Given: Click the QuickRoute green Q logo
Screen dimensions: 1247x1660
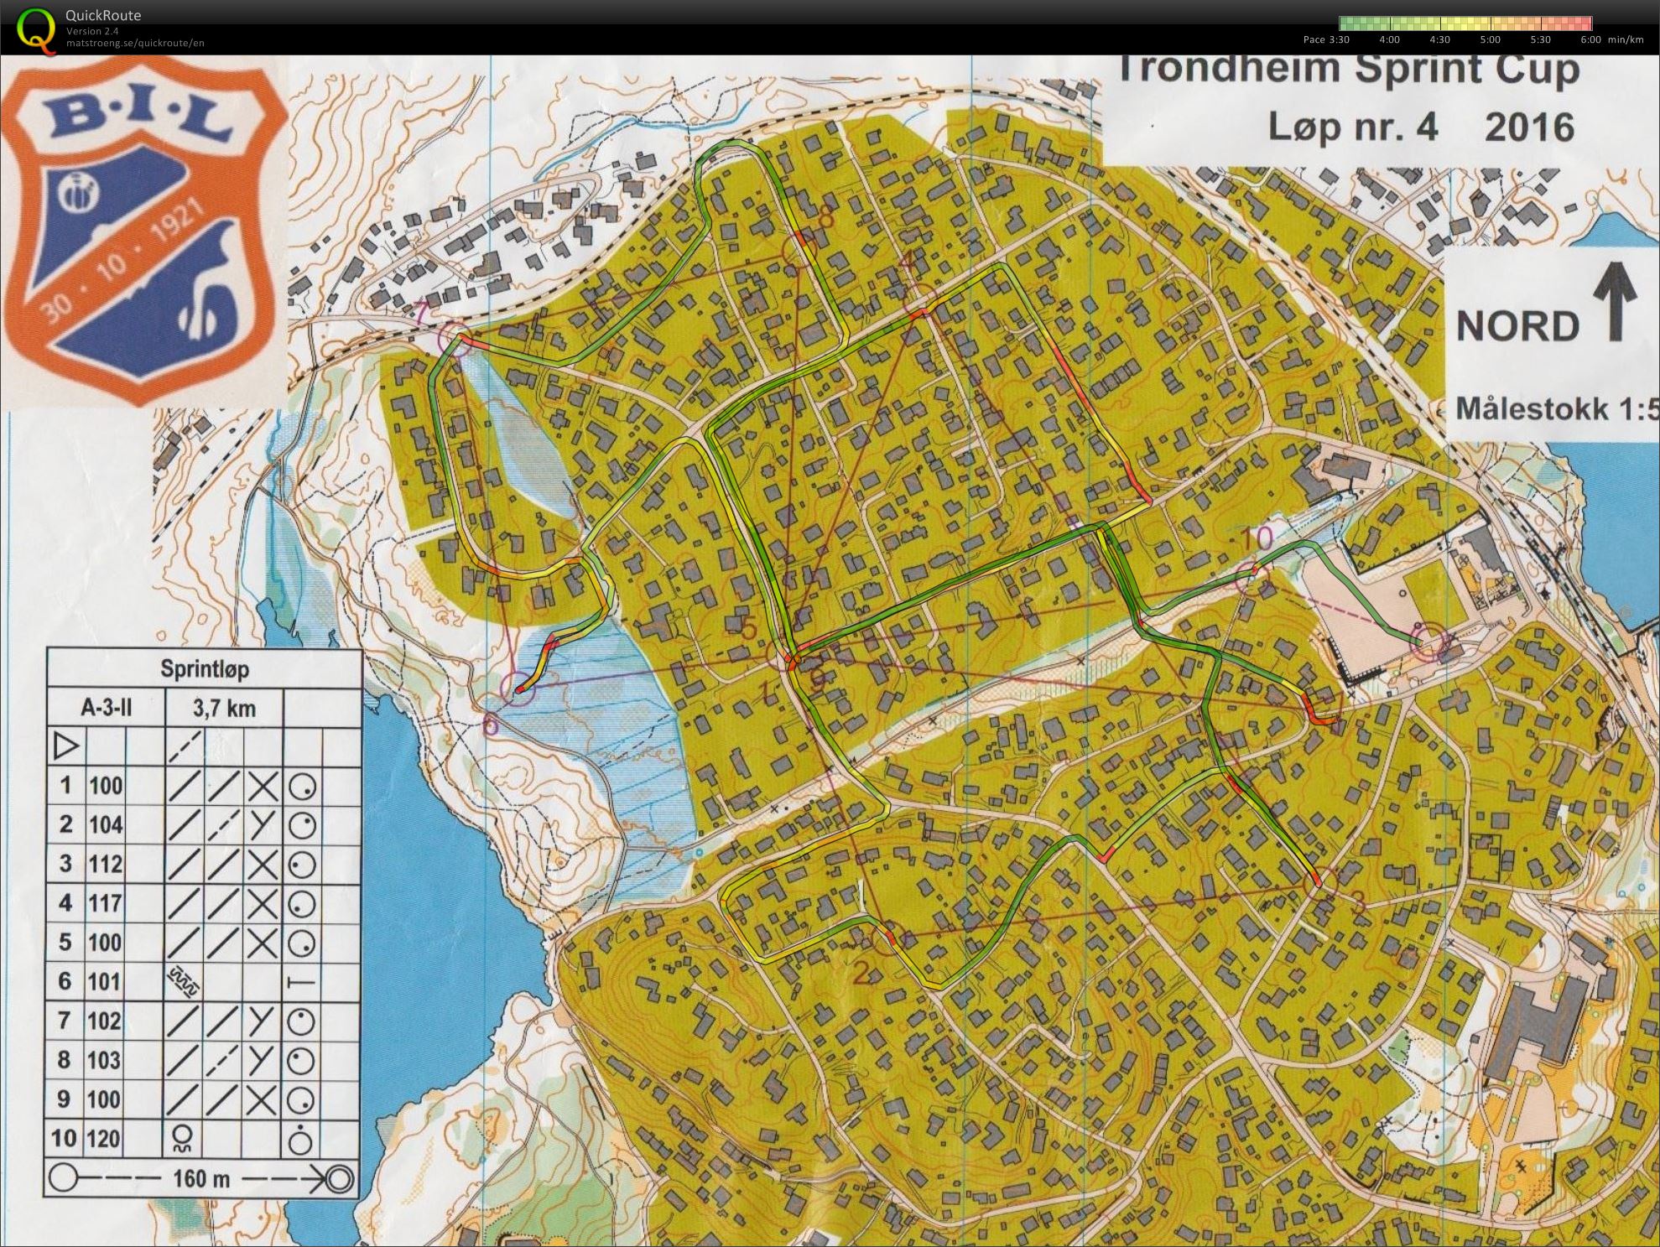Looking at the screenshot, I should point(34,28).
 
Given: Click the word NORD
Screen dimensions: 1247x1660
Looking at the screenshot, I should point(1517,326).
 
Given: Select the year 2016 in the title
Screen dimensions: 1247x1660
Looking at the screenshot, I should point(1529,127).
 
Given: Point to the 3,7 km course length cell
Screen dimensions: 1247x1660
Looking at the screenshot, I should point(224,709).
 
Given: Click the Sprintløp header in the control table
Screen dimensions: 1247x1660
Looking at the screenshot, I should point(205,669).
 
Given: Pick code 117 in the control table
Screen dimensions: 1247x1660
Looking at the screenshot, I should point(106,903).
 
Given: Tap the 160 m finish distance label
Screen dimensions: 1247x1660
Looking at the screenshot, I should point(201,1178).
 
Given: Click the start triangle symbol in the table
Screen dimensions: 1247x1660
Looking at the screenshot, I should point(65,746).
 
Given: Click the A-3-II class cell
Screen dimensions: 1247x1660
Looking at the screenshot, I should point(107,709).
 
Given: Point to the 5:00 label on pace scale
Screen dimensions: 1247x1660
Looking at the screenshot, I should point(1490,39).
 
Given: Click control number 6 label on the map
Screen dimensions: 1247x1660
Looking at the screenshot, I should point(491,724).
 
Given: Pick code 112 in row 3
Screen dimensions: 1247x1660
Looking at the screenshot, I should point(106,864).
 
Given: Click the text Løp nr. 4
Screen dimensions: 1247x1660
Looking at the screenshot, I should point(1352,127).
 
